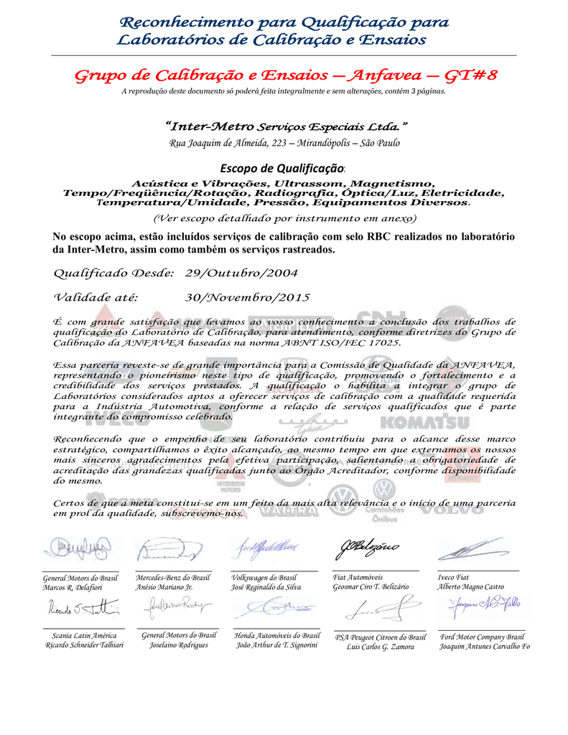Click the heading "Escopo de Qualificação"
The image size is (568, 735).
(x=282, y=169)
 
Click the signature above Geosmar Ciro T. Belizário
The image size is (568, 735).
(x=366, y=551)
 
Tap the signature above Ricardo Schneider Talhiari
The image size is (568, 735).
(x=83, y=609)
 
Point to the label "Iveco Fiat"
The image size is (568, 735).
(x=453, y=577)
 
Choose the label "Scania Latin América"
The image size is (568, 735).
(x=84, y=635)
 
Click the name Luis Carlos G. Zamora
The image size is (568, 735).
(x=380, y=647)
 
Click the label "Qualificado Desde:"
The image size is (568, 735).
(x=114, y=273)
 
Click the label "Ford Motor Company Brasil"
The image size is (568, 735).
(x=483, y=637)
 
